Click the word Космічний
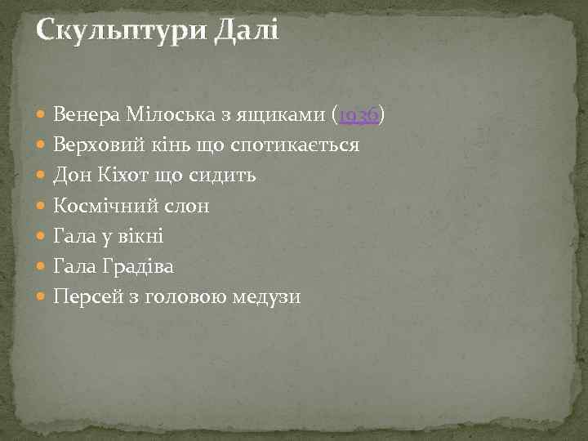pyautogui.click(x=102, y=207)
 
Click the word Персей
pyautogui.click(x=86, y=297)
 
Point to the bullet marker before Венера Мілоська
pyautogui.click(x=42, y=117)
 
